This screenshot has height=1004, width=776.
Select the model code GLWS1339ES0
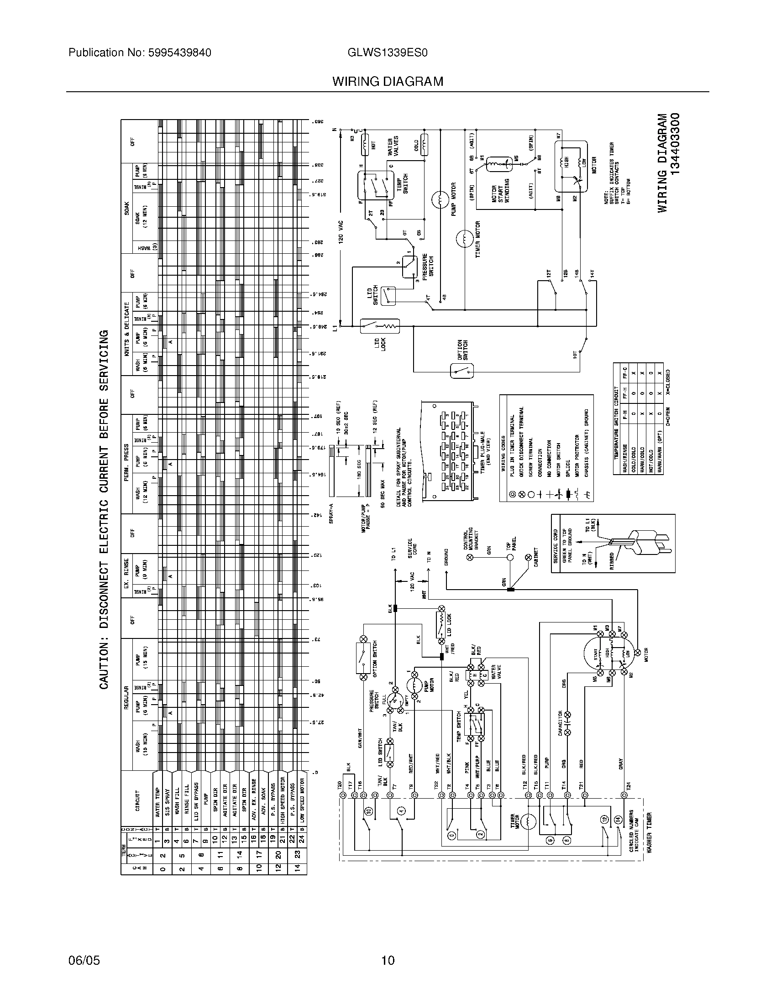[x=388, y=53]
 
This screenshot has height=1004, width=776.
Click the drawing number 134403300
[x=674, y=143]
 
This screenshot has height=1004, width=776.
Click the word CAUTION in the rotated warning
[x=105, y=666]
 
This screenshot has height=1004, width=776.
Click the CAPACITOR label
[x=561, y=723]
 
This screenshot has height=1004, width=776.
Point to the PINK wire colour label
[x=467, y=766]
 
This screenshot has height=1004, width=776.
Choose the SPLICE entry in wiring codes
[x=568, y=468]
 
